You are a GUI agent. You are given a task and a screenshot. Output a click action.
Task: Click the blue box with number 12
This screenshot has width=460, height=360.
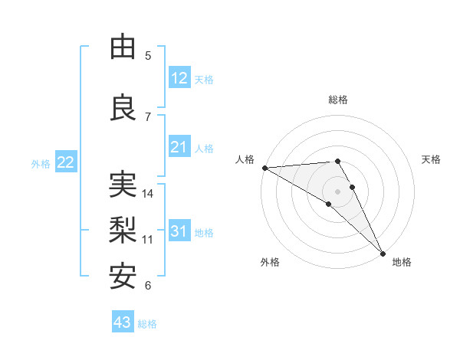coord(179,78)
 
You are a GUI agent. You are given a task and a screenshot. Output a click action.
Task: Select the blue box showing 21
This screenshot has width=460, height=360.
coord(179,147)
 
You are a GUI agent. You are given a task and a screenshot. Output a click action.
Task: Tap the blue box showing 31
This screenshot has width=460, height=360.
coord(179,231)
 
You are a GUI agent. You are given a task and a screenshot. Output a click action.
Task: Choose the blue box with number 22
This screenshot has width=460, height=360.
coord(66,162)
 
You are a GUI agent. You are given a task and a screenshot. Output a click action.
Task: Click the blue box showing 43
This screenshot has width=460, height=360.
coord(123,322)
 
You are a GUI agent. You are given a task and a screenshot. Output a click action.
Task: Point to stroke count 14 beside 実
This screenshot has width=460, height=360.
coord(149,194)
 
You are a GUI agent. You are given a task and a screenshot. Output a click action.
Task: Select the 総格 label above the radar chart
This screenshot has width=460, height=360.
coord(337,100)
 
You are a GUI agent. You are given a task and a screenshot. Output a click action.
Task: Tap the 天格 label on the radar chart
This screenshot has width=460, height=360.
coord(431,159)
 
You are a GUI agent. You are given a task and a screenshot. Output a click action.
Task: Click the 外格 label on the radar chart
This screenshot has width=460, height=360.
coord(270,262)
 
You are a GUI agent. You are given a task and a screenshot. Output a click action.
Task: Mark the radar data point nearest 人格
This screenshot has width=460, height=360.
coord(264,168)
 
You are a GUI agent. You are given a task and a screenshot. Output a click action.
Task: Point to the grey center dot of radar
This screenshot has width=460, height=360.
coord(337,191)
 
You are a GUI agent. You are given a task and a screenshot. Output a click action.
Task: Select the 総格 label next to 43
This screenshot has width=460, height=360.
coord(147,324)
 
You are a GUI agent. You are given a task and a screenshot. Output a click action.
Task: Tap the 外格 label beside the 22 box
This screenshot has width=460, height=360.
coord(41,163)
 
